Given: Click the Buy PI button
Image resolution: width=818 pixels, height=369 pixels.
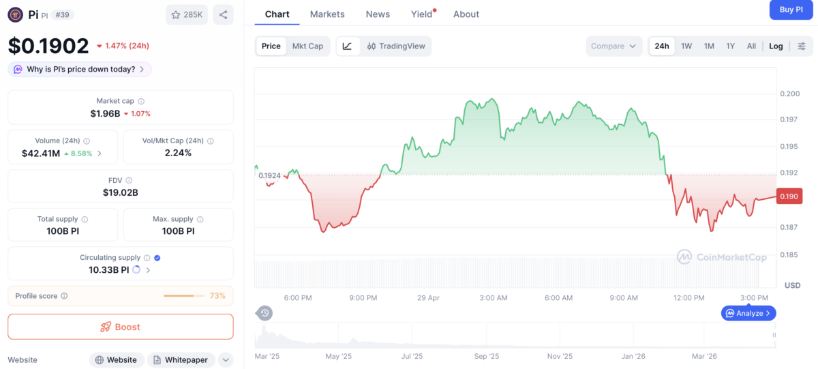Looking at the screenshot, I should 791,10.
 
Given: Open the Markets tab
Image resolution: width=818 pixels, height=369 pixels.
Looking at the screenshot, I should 327,14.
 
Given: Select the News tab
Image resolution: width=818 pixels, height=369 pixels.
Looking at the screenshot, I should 378,14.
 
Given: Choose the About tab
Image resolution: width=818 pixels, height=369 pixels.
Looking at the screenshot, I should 466,14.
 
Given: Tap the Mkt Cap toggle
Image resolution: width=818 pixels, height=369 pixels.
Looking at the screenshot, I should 307,46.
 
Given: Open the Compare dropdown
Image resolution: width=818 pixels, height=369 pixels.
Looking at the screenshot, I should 613,46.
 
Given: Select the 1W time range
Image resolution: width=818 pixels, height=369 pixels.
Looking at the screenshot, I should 686,46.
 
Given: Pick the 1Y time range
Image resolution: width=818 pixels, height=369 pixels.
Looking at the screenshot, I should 730,46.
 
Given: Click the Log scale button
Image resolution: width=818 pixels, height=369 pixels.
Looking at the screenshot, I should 776,46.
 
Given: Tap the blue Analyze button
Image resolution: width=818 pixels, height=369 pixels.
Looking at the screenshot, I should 748,313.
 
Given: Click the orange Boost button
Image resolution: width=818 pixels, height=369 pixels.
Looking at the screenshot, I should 121,327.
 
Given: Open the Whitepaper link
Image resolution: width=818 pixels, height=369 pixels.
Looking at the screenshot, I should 181,359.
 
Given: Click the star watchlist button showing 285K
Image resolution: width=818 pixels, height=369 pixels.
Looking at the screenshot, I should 187,14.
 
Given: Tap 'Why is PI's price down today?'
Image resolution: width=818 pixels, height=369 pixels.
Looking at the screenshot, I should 80,69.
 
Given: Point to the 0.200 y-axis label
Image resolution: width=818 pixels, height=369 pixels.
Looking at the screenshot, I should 789,93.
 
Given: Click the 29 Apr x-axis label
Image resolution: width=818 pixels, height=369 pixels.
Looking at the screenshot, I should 428,298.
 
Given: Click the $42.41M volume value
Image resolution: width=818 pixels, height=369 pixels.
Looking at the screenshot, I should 41,153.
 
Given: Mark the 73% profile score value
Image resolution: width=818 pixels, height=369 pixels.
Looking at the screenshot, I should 217,296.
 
